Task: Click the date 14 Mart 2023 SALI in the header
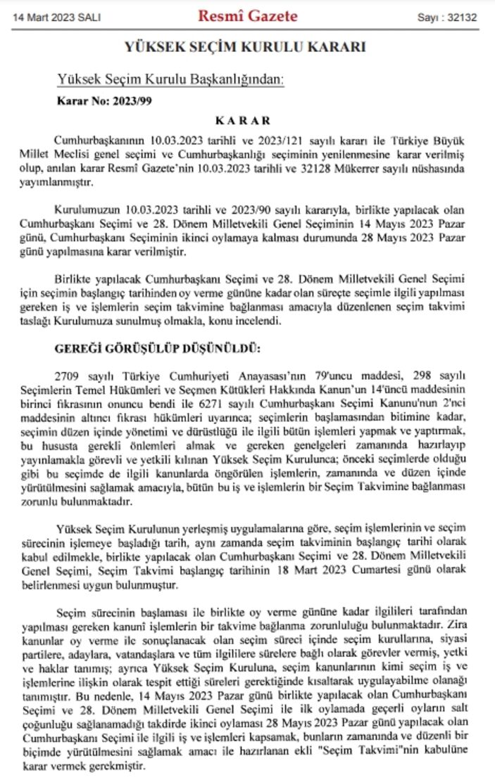pos(54,16)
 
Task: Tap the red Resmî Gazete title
pos(247,15)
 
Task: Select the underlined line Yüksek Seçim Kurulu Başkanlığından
pos(170,79)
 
